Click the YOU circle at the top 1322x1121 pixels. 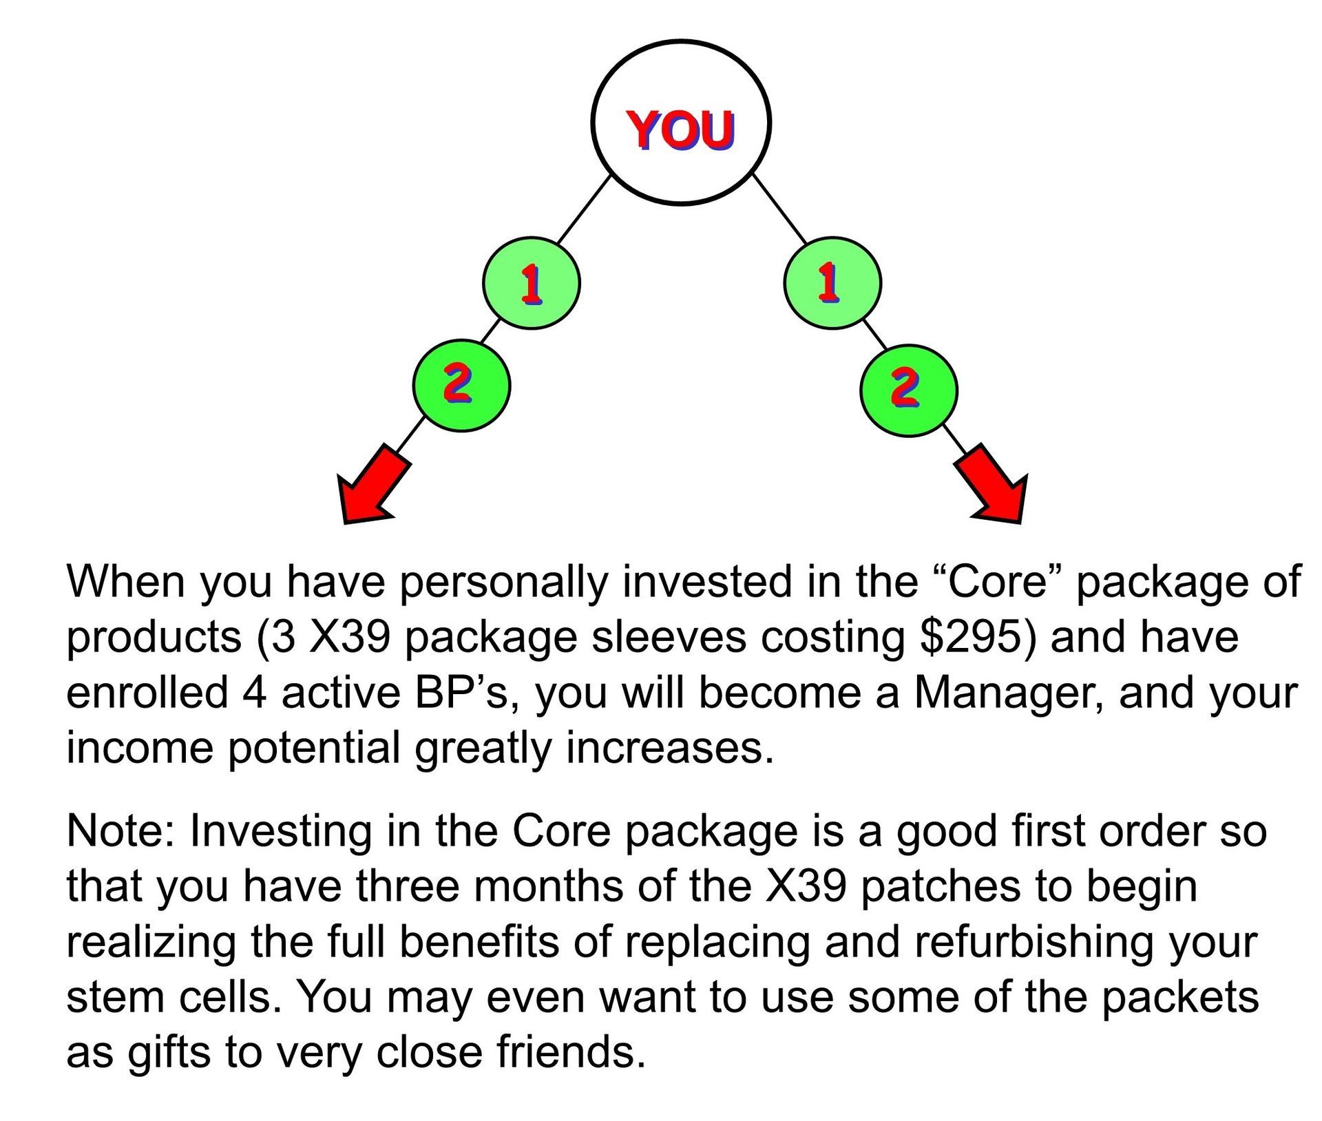pyautogui.click(x=680, y=123)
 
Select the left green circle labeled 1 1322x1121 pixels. pyautogui.click(x=531, y=284)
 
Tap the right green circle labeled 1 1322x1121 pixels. pyautogui.click(x=832, y=283)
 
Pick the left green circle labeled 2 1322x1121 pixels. pyautogui.click(x=461, y=386)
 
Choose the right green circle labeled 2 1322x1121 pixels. pyautogui.click(x=908, y=390)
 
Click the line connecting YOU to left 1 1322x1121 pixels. pyautogui.click(x=584, y=209)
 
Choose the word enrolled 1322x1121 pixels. pyautogui.click(x=147, y=692)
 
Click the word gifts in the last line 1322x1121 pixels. pyautogui.click(x=169, y=1054)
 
